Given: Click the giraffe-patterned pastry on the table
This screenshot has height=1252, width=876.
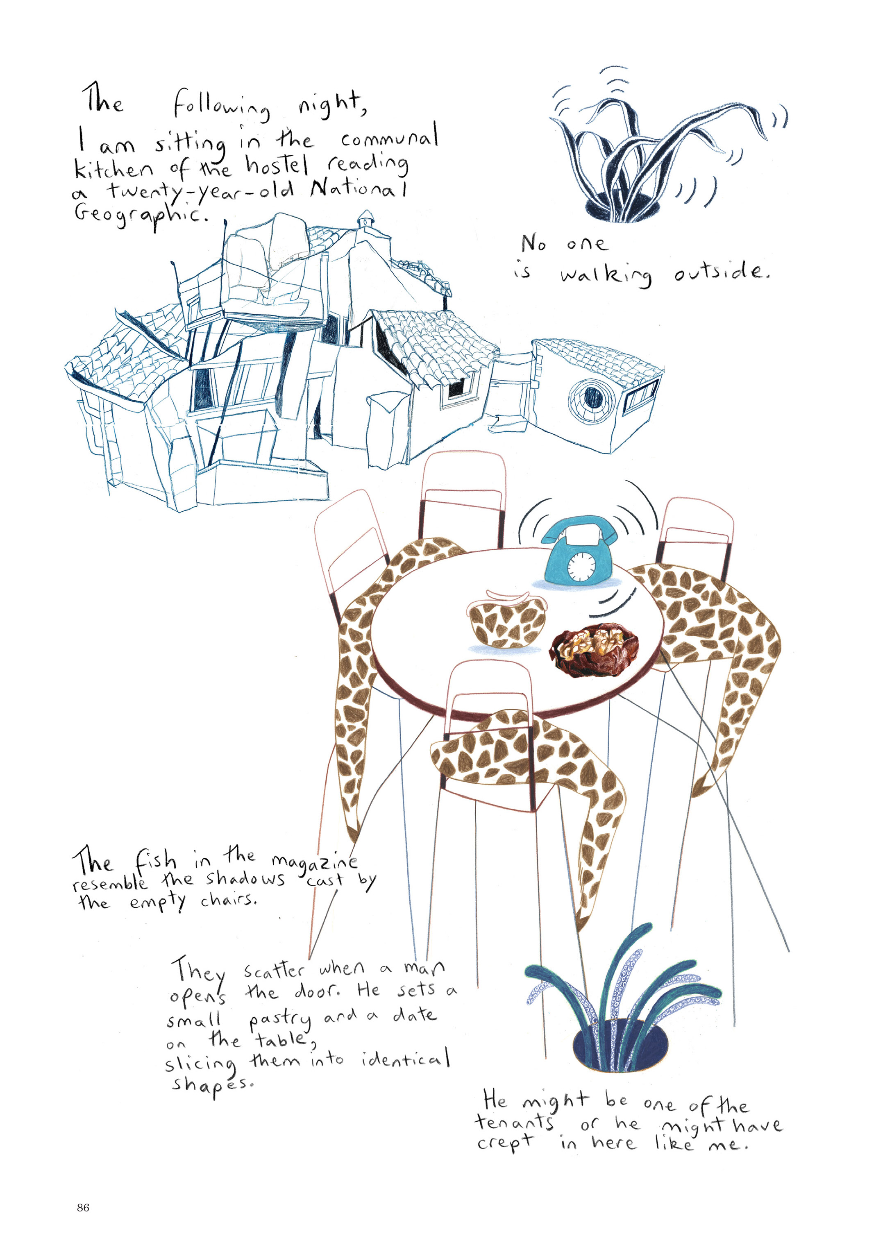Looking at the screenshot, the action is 507,621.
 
